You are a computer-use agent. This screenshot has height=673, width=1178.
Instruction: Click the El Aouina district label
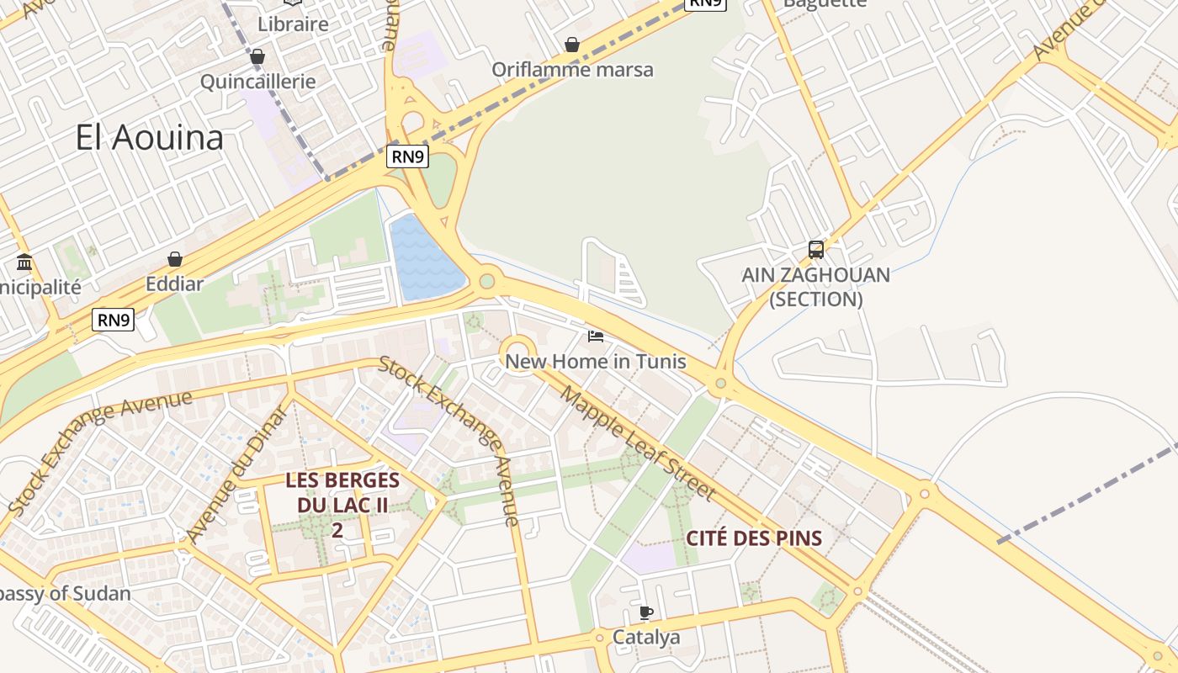(x=149, y=137)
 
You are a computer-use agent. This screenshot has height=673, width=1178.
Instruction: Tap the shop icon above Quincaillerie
(x=257, y=56)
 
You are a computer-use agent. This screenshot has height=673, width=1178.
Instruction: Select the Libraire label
(x=293, y=24)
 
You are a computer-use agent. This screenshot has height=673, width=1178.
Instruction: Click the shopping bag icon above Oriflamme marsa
(x=572, y=45)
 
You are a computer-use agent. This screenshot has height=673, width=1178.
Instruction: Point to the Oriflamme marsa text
(x=572, y=69)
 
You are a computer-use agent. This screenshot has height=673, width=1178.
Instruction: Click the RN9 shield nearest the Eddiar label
(x=113, y=320)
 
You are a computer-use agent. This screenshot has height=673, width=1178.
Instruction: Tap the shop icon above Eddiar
(x=175, y=259)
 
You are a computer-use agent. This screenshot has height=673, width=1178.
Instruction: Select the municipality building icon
(x=24, y=262)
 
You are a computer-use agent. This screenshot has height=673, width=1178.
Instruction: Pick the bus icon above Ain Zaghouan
(x=815, y=249)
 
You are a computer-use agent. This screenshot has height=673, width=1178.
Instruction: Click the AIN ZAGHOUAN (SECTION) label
(x=815, y=287)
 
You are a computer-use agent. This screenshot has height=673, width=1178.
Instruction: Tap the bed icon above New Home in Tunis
(x=596, y=336)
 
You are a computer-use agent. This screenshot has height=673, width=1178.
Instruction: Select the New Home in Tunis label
(x=596, y=362)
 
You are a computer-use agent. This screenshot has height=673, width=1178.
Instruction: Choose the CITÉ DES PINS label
(x=754, y=538)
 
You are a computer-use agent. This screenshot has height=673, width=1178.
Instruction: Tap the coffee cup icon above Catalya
(x=645, y=612)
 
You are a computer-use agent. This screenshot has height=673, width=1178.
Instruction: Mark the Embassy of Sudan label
(x=63, y=594)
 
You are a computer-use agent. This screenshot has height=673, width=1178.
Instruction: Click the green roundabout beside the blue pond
(x=486, y=281)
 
